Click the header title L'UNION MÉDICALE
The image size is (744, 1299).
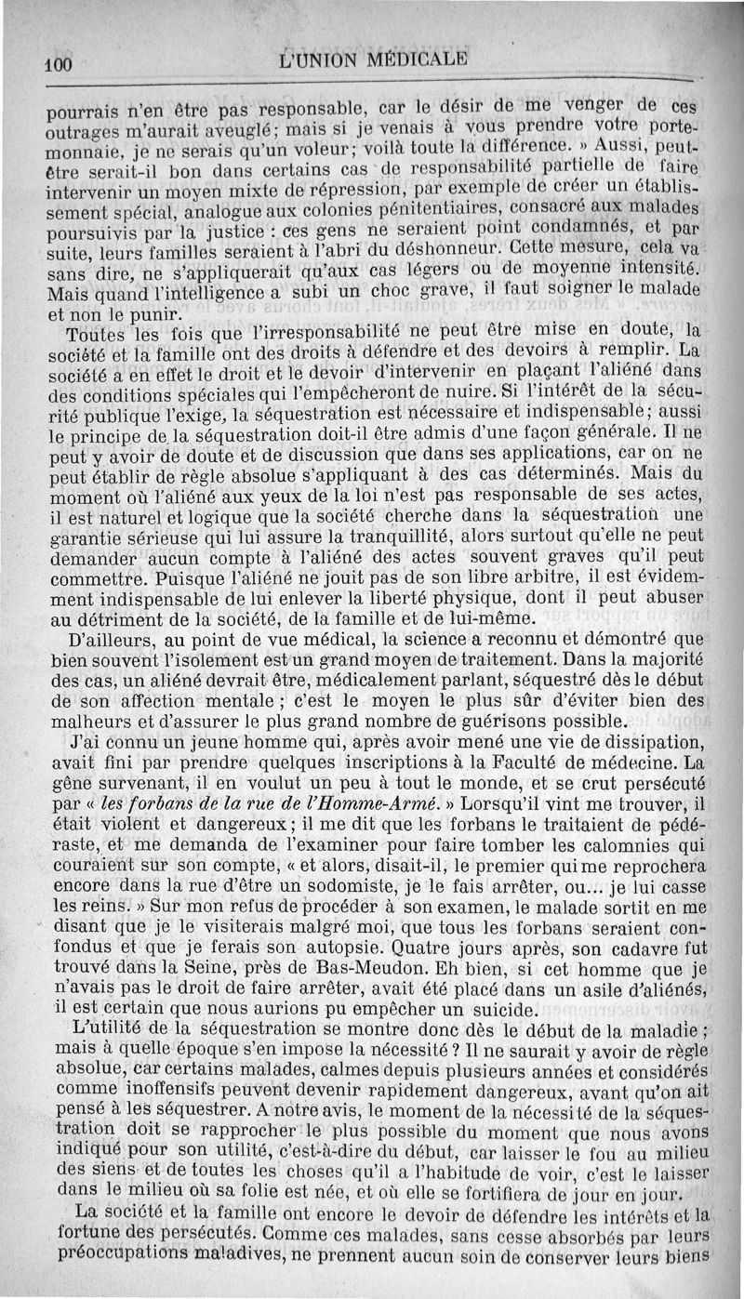pyautogui.click(x=373, y=61)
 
